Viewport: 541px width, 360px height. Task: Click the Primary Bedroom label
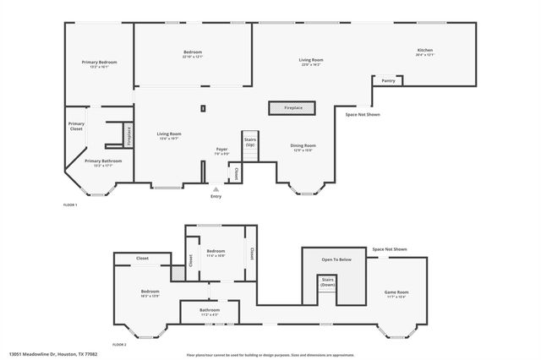[x=99, y=63]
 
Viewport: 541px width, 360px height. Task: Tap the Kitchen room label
[x=424, y=51]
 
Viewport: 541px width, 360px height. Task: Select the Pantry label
[x=388, y=81]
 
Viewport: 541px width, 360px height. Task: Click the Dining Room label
[x=303, y=145]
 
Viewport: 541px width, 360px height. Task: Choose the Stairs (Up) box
[x=249, y=141]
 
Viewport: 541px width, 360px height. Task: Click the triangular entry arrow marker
[x=216, y=188]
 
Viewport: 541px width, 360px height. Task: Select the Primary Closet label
[x=76, y=127]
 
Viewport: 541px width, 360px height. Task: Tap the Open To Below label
[x=336, y=259]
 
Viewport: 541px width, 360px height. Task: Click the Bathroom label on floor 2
[x=210, y=310]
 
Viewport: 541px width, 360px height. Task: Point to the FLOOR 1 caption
[x=70, y=205]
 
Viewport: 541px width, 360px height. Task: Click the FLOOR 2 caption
[x=119, y=345]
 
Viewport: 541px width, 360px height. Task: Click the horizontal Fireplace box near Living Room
[x=292, y=108]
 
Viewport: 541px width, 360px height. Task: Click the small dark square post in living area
[x=203, y=107]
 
